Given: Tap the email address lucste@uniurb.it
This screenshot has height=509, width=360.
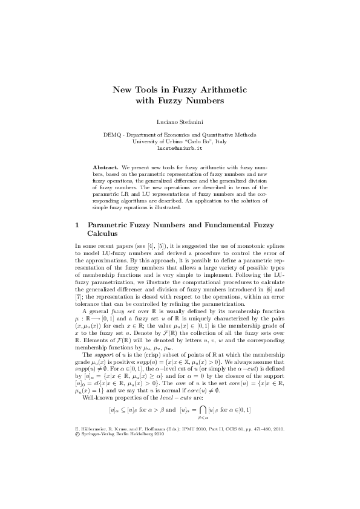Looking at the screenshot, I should (x=180, y=147).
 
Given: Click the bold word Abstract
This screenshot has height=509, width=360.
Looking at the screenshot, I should (x=106, y=166).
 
